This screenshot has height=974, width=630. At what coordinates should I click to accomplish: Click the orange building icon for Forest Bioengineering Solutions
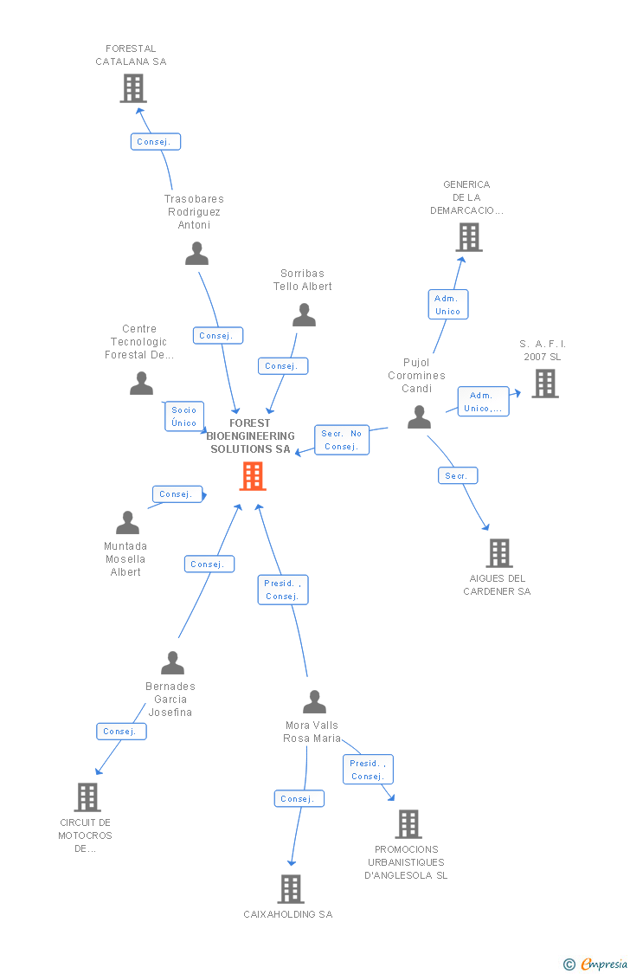click(253, 475)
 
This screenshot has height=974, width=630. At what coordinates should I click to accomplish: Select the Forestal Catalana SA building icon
click(133, 87)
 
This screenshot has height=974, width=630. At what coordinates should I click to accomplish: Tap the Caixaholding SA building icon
click(291, 888)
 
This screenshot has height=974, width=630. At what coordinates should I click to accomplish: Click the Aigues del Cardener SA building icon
click(499, 552)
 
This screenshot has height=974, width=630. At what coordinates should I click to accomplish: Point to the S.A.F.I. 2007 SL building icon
click(544, 383)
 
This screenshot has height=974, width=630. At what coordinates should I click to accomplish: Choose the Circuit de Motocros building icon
click(87, 797)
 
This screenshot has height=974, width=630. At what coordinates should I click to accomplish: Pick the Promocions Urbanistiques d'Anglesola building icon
click(408, 823)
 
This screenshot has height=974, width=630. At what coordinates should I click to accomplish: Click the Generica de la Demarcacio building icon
click(468, 236)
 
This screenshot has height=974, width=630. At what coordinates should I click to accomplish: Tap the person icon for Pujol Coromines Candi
click(419, 417)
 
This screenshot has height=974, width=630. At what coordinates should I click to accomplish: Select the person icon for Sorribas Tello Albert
click(304, 315)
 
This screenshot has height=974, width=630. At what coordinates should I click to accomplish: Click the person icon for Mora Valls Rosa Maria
click(314, 701)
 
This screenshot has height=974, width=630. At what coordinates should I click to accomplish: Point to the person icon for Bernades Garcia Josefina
click(173, 662)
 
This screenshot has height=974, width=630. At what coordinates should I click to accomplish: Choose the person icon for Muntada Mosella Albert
click(127, 523)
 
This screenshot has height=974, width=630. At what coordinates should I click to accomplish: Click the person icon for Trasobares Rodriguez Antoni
click(196, 254)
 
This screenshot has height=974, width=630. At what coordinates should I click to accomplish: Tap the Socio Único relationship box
click(183, 416)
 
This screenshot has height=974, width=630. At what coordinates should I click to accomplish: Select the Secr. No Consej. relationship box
click(342, 440)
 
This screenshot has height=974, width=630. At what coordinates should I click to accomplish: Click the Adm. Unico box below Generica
click(447, 305)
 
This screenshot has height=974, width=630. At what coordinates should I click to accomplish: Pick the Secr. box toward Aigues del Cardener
click(457, 475)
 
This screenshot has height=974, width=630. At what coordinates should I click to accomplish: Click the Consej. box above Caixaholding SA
click(299, 798)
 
